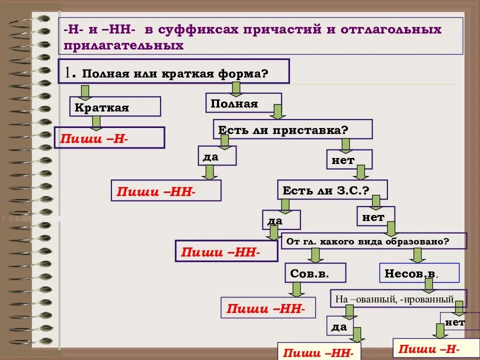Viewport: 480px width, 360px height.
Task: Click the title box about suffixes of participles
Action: tap(260, 37)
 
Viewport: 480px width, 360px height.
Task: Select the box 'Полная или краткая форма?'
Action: tap(173, 71)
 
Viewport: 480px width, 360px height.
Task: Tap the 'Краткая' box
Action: tap(115, 107)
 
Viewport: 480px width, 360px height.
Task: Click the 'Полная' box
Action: tap(243, 103)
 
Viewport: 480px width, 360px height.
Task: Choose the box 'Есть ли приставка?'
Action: tap(292, 129)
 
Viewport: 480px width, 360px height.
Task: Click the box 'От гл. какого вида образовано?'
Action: tap(374, 241)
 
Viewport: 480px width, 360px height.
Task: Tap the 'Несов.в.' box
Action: tap(419, 273)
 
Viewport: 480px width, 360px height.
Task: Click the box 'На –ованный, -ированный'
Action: tap(398, 299)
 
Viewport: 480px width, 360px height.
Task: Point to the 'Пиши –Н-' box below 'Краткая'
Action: tap(109, 138)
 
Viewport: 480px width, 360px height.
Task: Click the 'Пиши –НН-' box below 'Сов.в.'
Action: tap(268, 307)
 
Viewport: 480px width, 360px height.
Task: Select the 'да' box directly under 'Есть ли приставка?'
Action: tap(217, 156)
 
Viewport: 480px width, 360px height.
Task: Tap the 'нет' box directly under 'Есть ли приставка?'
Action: tap(349, 159)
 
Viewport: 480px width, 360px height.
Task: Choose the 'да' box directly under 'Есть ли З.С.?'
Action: tap(281, 220)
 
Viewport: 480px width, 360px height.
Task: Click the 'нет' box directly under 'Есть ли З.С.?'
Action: tap(375, 216)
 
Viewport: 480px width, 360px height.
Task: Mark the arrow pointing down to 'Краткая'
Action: tap(85, 92)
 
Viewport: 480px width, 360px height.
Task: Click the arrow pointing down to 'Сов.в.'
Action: tap(315, 255)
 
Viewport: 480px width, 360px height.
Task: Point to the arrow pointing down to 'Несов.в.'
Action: tap(418, 255)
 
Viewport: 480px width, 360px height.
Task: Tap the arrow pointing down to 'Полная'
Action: tap(236, 88)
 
